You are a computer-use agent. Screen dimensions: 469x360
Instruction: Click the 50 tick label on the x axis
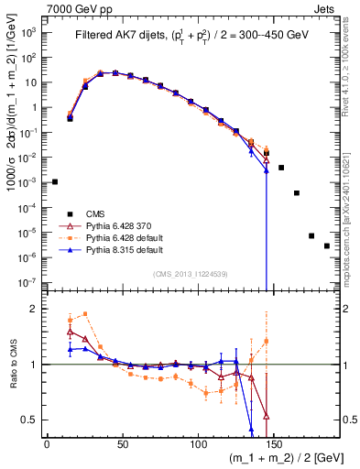point(123,443)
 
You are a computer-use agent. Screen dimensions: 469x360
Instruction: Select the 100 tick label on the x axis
point(199,443)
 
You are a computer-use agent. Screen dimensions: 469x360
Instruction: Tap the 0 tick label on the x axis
point(47,443)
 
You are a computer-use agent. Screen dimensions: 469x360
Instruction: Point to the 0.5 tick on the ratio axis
point(33,420)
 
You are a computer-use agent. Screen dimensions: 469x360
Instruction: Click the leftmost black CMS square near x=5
point(54,182)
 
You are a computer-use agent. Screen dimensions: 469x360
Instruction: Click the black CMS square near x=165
point(297,193)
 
